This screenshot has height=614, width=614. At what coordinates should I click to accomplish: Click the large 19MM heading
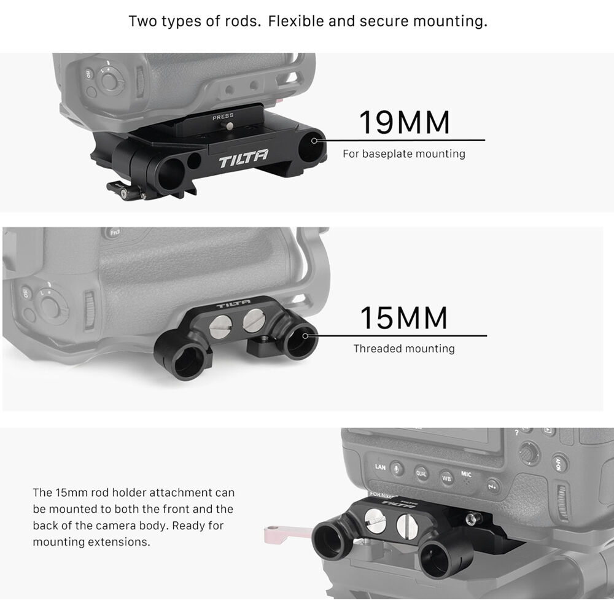coord(404,123)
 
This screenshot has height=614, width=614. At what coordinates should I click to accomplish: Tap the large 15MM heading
coord(404,317)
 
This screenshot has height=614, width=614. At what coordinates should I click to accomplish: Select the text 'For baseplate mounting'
coord(404,154)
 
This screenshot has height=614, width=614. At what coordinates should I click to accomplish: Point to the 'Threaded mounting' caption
coord(404,349)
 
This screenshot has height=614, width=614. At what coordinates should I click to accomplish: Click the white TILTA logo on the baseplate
coord(243,158)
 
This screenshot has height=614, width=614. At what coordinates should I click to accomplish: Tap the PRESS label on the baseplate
coord(223,117)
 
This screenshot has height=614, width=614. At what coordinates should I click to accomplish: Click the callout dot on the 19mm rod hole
coord(314,141)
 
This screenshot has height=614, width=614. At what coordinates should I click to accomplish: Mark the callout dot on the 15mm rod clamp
coord(305,336)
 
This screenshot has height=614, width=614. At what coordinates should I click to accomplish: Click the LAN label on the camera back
coord(380,467)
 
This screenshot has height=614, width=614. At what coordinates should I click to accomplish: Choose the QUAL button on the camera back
coord(421,473)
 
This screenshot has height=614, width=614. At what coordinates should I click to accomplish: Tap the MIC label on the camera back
coord(466,474)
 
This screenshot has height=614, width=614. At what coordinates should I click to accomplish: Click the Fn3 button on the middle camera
coord(114,233)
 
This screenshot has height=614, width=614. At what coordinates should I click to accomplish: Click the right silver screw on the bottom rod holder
coord(407,525)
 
